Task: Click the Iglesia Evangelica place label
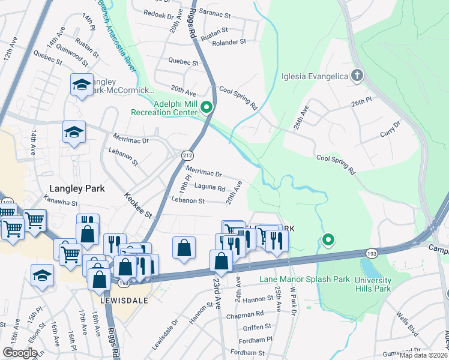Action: [315, 77]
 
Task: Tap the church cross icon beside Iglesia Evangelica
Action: [357, 76]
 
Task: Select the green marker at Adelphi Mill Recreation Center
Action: [207, 108]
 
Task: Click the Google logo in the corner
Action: [20, 353]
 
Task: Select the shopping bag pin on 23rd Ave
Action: [221, 261]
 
